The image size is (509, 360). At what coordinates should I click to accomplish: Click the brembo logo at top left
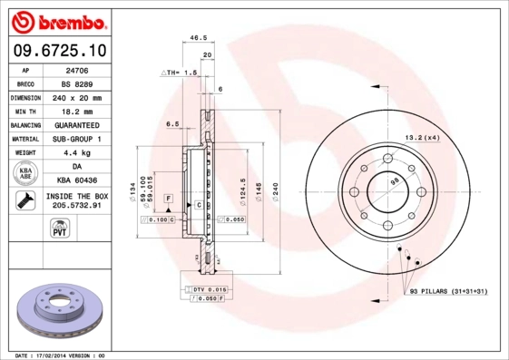coord(58,19)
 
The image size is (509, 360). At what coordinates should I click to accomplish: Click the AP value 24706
coord(76,69)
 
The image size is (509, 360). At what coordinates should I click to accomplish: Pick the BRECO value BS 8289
coord(76,83)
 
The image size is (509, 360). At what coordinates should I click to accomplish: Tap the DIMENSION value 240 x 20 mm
coord(76,97)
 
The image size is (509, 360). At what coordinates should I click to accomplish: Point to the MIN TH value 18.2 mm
coord(76,111)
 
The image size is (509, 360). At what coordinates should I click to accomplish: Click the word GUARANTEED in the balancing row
coord(76,124)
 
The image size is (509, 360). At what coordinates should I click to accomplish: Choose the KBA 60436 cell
coord(76,180)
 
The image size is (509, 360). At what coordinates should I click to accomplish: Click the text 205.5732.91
coord(76,206)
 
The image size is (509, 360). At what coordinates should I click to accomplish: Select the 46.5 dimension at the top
coord(195,38)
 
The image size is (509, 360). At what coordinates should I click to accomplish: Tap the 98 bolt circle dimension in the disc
coord(394,182)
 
